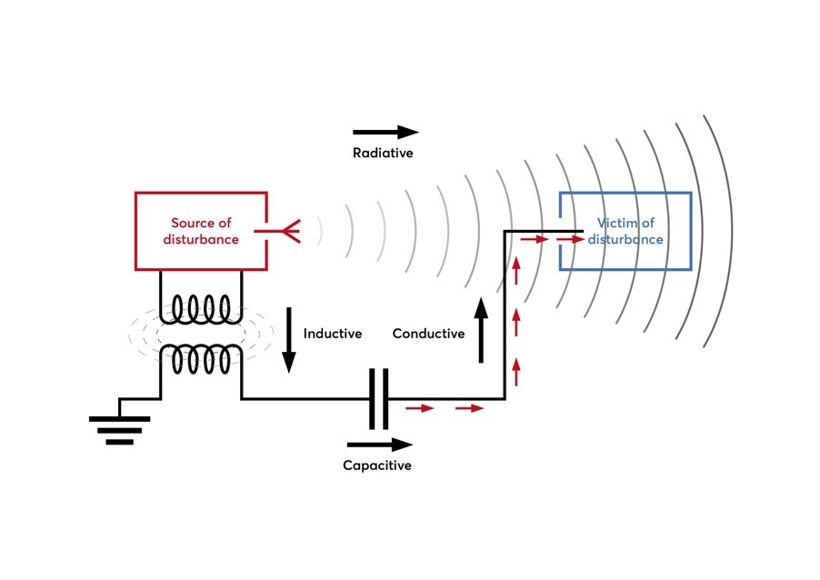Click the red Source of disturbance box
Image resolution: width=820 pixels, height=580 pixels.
click(201, 231)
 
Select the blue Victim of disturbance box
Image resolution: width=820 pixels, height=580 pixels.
click(625, 231)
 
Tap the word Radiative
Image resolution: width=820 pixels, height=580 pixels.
click(383, 153)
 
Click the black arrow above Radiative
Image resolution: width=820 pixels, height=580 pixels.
click(385, 133)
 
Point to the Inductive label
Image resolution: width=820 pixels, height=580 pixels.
click(333, 334)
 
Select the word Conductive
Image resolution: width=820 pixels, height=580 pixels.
click(428, 334)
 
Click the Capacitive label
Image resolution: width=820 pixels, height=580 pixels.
click(377, 465)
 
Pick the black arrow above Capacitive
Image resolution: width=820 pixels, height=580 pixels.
click(379, 445)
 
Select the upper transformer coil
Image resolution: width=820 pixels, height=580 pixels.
click(201, 310)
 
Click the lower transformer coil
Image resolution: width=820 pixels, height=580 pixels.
click(201, 359)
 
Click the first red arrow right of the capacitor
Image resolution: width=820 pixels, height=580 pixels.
click(420, 408)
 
